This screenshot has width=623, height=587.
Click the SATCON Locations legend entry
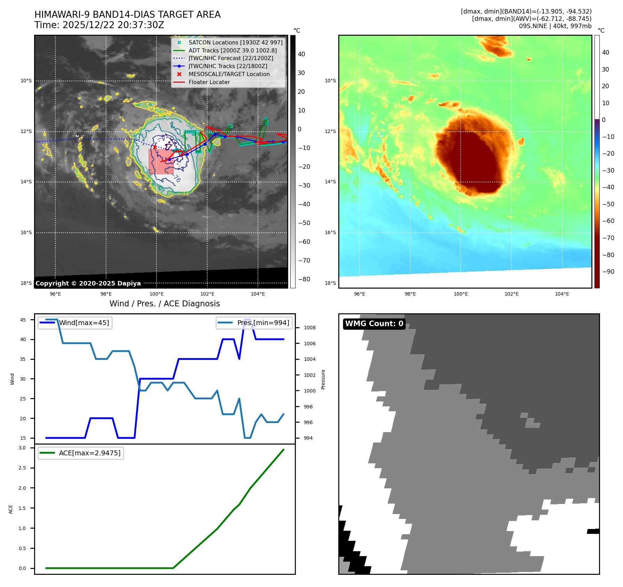pos(235,42)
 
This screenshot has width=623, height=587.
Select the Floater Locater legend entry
pos(209,82)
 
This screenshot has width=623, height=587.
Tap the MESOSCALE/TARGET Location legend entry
pos(229,74)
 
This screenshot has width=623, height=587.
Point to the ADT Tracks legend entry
pos(233,50)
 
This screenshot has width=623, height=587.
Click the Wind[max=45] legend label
pos(84,323)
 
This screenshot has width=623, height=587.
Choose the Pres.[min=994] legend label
pos(263,323)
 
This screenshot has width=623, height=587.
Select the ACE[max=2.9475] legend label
pos(90,453)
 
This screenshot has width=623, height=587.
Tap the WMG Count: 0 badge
pos(374,324)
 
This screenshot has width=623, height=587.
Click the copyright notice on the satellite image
pos(88,283)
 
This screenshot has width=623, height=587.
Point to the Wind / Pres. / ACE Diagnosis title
pos(164,304)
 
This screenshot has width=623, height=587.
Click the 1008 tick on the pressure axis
pos(309,328)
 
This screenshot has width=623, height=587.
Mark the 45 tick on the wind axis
pos(23,320)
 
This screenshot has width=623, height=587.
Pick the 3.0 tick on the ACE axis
pos(22,448)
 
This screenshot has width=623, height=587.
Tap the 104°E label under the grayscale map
pos(258,294)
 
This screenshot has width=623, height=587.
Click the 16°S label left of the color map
pos(330,232)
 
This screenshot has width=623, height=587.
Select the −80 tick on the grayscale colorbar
pos(304,279)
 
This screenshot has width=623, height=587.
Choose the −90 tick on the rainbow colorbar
pos(608,272)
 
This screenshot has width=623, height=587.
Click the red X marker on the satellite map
pos(155,147)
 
